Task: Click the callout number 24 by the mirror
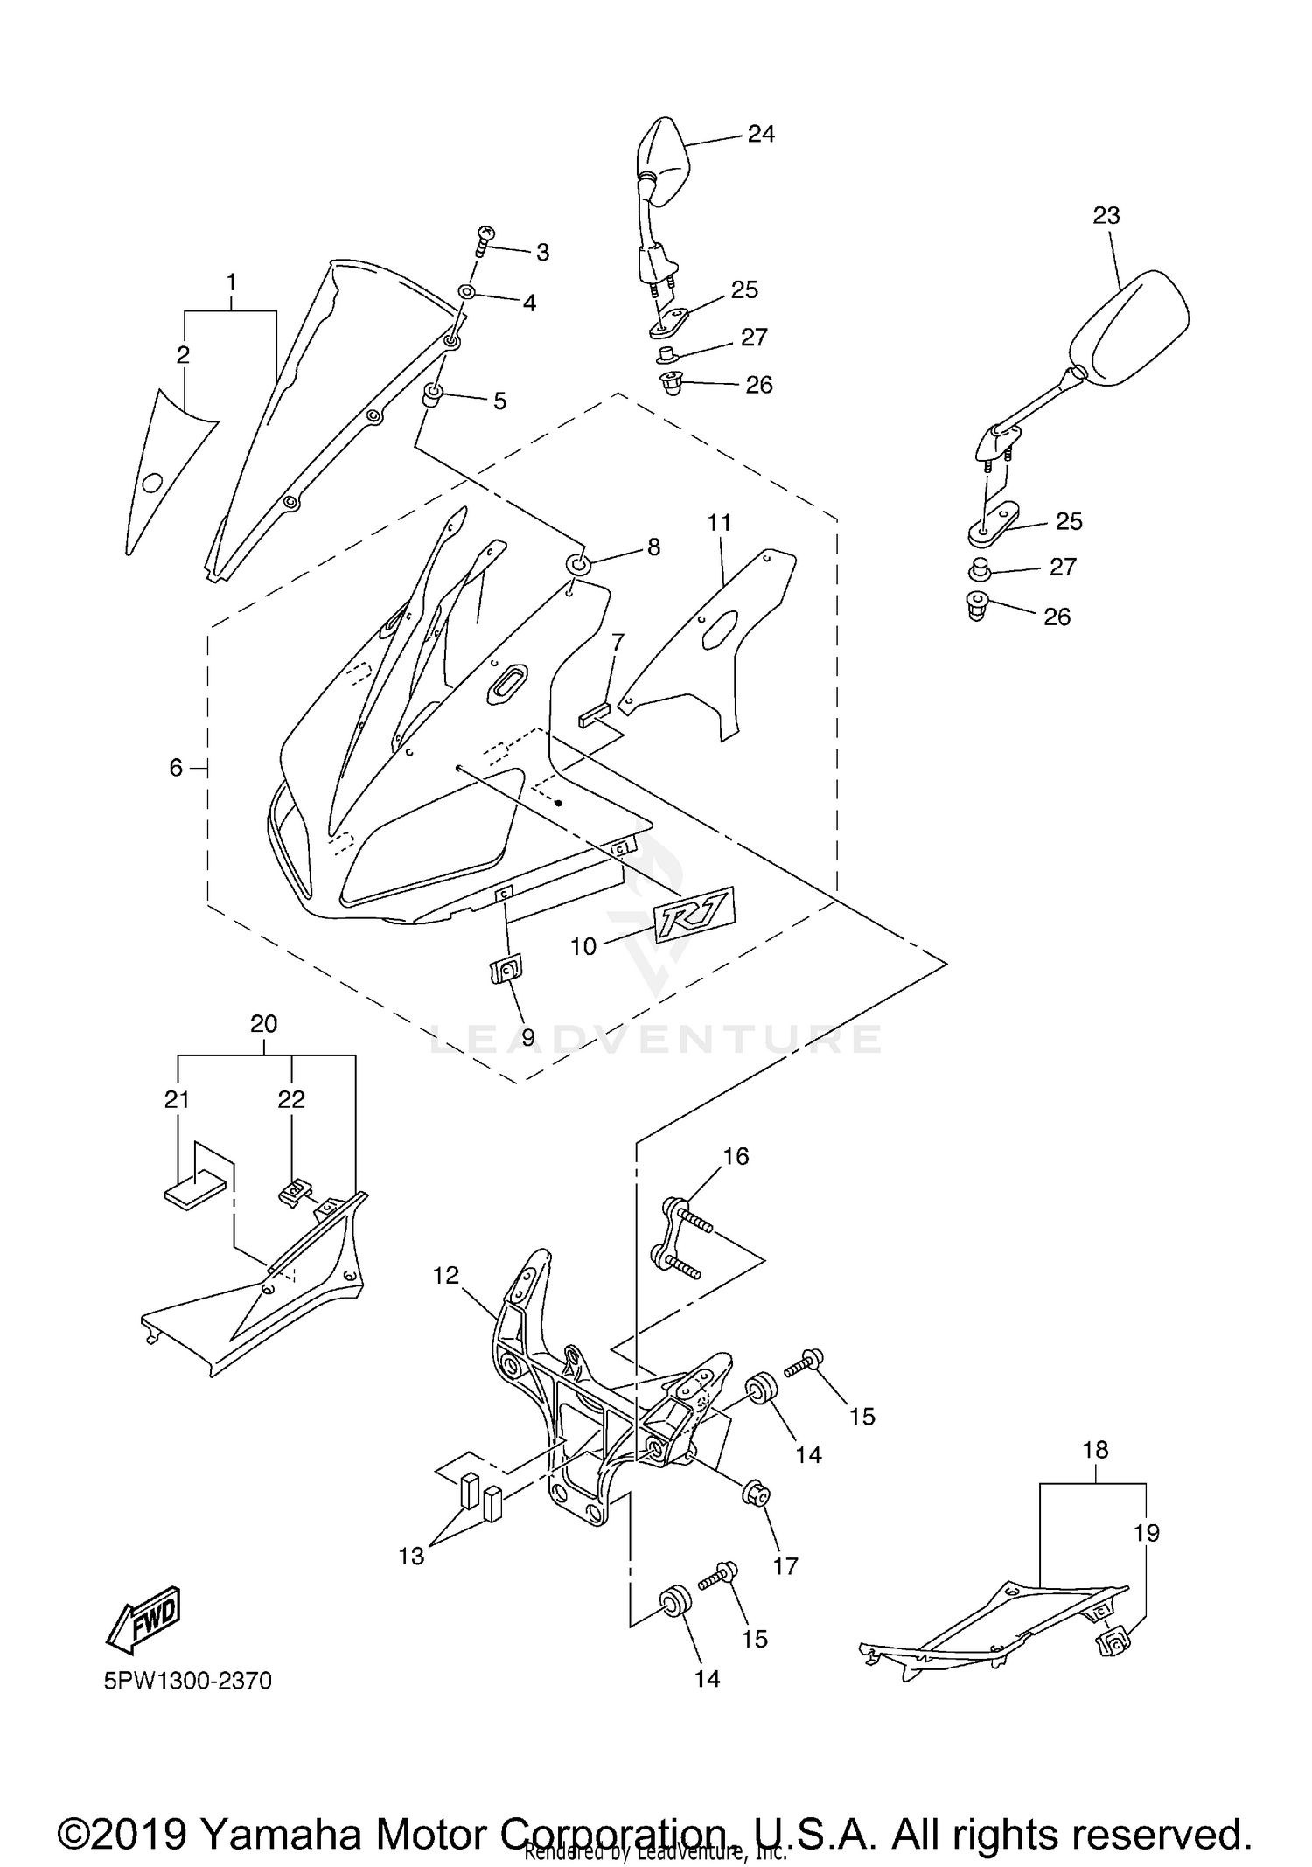tap(760, 134)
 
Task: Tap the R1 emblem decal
tap(695, 916)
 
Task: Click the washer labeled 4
tap(466, 292)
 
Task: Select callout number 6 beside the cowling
tap(176, 768)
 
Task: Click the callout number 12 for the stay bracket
tap(446, 1276)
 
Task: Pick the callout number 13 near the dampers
tap(411, 1556)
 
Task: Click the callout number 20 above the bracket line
tap(263, 1023)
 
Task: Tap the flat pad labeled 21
tap(194, 1190)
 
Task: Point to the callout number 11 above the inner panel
tap(719, 523)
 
